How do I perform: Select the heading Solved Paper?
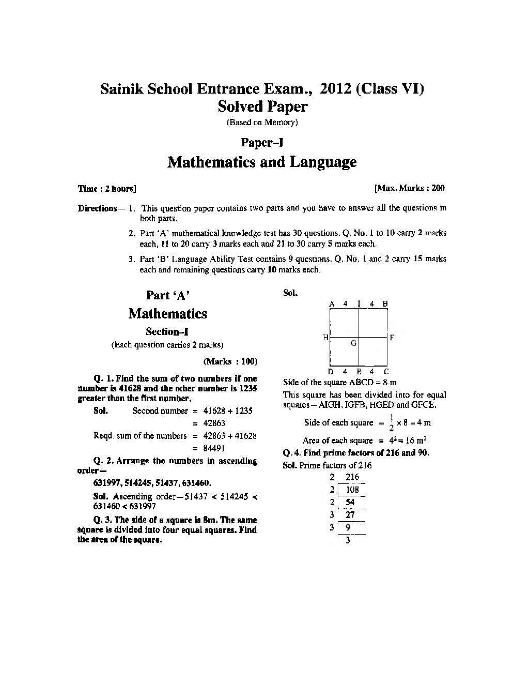(x=262, y=107)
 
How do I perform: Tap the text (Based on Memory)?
(x=262, y=123)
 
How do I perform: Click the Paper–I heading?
(x=262, y=142)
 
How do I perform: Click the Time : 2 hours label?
(x=107, y=189)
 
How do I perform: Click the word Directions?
(x=98, y=208)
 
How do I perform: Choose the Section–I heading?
(x=167, y=331)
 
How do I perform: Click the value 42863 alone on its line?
(x=214, y=423)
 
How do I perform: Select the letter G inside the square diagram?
(x=353, y=343)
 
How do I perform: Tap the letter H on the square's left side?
(x=325, y=338)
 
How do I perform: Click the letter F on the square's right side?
(x=392, y=338)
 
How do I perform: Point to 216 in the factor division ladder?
(x=352, y=477)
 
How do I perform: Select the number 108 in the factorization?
(x=352, y=490)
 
